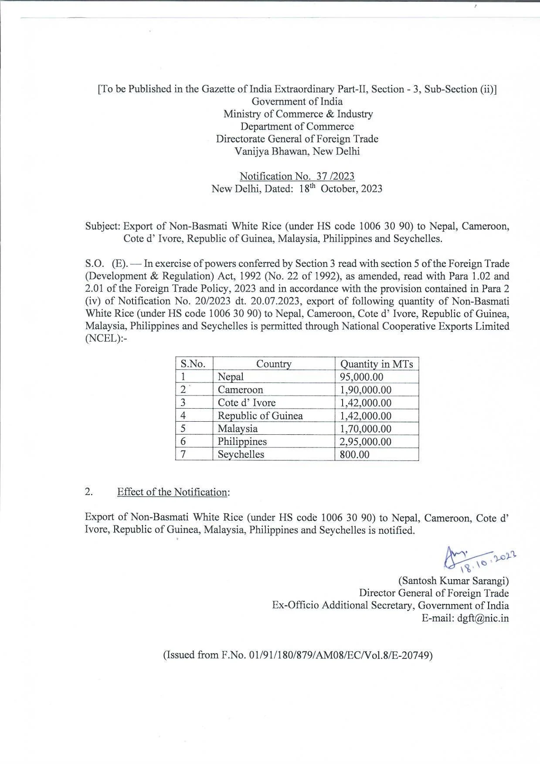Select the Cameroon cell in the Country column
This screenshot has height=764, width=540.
coord(240,390)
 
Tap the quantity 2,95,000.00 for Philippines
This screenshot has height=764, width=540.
coord(365,441)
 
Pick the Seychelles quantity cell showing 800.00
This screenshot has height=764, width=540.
coord(354,454)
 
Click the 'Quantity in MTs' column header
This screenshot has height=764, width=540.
coord(376,364)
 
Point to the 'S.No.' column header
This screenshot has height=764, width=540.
coord(193,364)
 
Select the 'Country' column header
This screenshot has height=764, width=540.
coord(273,364)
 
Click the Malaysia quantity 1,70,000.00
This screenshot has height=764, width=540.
coord(365,429)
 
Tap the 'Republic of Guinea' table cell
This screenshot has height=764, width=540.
coord(260,416)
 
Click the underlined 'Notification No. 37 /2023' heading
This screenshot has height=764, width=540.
coord(297,176)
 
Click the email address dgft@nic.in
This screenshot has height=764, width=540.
coord(482,618)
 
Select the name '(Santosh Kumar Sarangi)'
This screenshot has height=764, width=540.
coord(453,580)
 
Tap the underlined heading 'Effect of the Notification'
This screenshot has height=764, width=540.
coord(172,492)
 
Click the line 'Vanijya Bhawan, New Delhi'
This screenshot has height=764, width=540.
coord(297,151)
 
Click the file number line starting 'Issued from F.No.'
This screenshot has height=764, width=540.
coord(297,655)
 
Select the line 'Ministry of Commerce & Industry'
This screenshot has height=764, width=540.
coord(298,114)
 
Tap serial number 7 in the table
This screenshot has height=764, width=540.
coord(183,454)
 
